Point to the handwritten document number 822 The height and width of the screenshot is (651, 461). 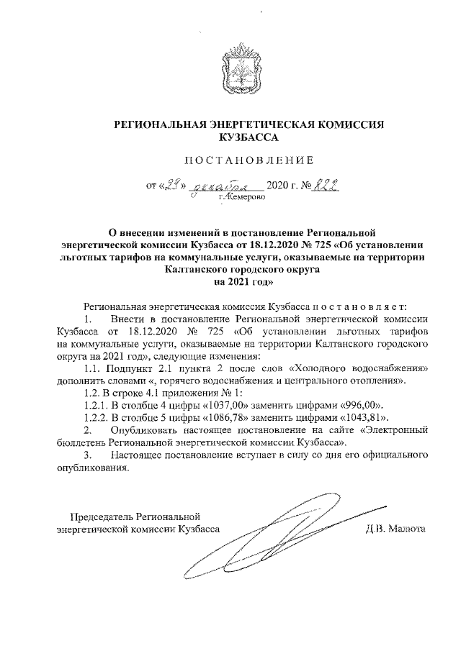[326, 186]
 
